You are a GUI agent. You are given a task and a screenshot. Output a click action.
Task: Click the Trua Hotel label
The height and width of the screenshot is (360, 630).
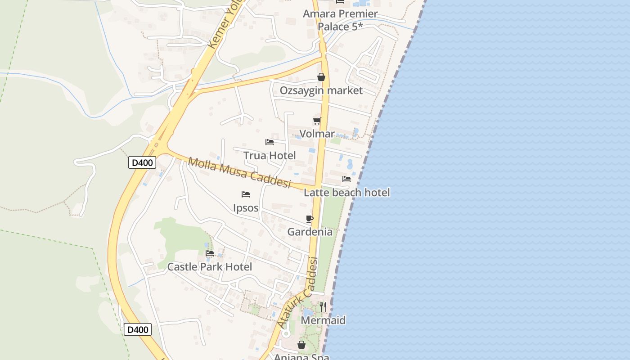270,156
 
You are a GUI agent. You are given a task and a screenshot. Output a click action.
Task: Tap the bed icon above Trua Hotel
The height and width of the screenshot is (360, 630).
270,142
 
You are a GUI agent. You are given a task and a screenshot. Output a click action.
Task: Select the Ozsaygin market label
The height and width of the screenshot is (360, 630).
321,90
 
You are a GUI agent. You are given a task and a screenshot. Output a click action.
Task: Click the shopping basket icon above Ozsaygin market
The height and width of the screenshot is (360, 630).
321,77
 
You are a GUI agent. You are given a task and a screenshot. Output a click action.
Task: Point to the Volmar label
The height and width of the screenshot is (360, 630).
317,134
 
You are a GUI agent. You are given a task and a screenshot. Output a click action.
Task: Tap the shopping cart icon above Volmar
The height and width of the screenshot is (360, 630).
317,121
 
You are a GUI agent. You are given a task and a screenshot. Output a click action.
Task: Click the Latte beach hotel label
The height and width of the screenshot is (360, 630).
346,193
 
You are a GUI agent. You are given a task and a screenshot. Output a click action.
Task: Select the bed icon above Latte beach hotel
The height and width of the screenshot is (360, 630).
346,179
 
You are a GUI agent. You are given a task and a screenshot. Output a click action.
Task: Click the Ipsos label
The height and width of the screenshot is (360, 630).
246,208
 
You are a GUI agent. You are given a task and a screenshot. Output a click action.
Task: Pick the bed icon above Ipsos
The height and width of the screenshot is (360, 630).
246,194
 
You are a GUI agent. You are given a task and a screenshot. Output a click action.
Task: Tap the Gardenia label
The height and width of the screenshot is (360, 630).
310,232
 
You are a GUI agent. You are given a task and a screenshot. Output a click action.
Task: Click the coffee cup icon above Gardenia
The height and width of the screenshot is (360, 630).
310,219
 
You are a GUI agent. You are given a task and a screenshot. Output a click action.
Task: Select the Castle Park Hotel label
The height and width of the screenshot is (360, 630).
210,267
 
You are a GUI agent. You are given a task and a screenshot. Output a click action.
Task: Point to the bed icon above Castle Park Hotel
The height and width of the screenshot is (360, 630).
210,253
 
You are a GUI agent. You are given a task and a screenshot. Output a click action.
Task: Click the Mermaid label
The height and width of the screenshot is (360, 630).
323,320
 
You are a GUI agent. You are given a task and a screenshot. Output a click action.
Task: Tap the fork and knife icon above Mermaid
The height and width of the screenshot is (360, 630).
323,307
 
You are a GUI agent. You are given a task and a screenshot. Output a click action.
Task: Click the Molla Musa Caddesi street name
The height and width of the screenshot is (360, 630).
239,173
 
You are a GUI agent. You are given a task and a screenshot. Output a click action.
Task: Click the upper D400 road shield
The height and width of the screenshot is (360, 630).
142,162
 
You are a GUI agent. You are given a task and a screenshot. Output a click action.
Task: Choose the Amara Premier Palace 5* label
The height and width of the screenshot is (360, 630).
340,20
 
